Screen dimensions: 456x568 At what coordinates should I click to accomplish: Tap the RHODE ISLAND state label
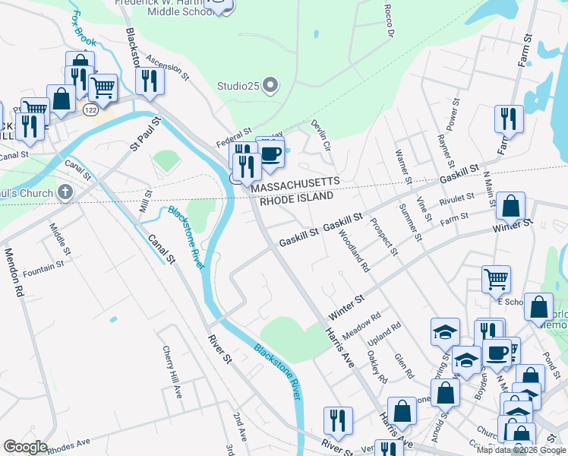pyautogui.click(x=297, y=198)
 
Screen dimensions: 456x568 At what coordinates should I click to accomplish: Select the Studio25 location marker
pyautogui.click(x=270, y=86)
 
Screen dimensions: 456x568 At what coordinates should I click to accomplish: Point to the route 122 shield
pyautogui.click(x=90, y=110)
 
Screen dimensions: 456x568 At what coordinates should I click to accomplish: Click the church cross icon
pyautogui.click(x=65, y=192)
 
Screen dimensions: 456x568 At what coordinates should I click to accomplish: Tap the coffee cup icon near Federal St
pyautogui.click(x=271, y=154)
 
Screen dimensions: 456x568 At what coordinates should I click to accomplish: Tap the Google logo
pyautogui.click(x=25, y=447)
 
